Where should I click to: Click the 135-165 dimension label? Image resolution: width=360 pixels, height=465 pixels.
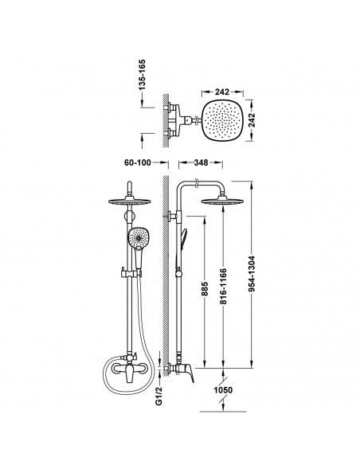143,75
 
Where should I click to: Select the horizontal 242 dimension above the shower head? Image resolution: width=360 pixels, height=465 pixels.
222,92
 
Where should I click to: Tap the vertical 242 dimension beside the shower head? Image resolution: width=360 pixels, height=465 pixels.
252,119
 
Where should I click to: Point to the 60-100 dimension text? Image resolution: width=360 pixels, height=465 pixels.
138,162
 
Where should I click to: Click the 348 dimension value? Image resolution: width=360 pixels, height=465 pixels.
201,162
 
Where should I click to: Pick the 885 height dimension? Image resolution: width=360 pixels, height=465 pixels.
205,290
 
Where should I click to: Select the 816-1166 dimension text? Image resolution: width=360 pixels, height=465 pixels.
223,286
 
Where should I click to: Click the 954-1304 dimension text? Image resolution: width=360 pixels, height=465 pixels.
252,273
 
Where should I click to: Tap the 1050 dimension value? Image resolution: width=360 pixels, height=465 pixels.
223,390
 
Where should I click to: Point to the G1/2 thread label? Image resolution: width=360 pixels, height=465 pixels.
159,397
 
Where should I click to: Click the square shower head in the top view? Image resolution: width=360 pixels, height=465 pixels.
221,120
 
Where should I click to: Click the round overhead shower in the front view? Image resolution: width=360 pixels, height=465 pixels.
129,201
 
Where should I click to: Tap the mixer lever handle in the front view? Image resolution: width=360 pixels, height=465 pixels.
129,374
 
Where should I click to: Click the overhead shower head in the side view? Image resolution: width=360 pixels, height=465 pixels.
222,201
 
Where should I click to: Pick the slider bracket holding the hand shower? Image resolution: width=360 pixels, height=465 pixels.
131,273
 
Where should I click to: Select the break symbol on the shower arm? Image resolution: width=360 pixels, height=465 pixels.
196,183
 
